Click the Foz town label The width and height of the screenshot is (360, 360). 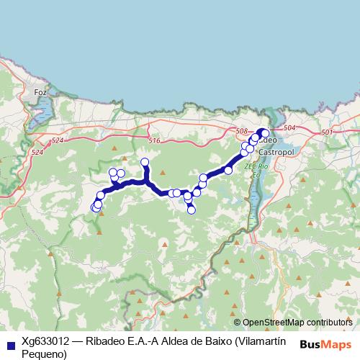click(40, 92)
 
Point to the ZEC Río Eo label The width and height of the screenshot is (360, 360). click(256, 169)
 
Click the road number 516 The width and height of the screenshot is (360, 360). click(155, 139)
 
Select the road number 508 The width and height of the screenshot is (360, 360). click(242, 131)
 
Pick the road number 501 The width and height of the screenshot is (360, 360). click(328, 132)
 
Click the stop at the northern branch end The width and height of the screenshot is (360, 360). click(145, 162)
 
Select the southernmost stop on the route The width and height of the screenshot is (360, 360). click(192, 210)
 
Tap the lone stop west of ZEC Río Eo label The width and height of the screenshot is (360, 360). click(228, 170)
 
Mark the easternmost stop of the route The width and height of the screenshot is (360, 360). click(265, 132)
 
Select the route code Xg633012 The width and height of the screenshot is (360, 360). click(46, 341)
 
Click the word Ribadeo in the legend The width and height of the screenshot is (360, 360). click(104, 341)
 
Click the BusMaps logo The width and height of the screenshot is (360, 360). click(328, 344)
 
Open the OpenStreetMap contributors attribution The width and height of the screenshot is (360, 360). click(297, 322)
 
